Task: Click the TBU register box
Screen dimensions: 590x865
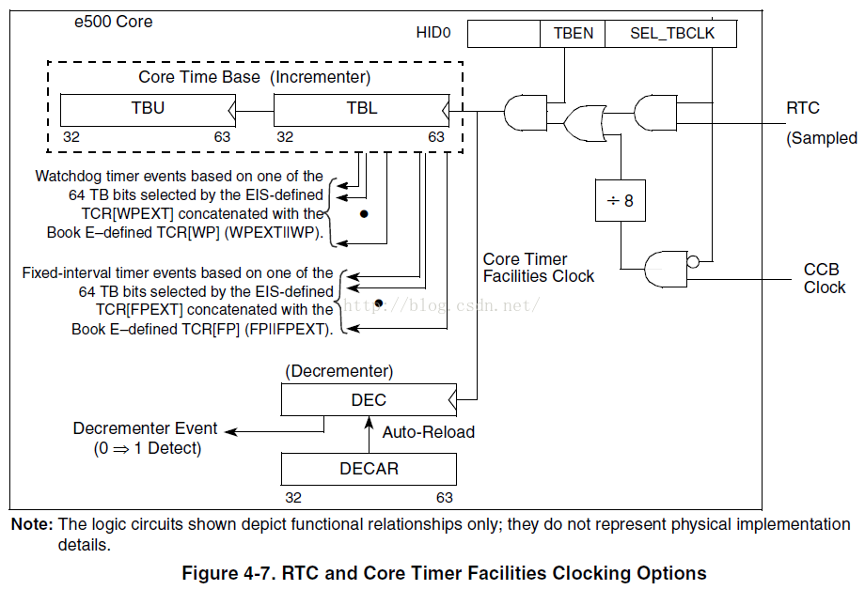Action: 148,109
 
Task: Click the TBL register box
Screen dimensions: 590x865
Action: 361,109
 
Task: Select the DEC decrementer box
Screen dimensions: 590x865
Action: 368,400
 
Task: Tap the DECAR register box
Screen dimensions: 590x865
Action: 369,468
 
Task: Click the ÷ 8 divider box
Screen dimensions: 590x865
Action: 621,200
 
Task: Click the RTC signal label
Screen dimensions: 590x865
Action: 802,109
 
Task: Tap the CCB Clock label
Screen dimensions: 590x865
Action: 824,279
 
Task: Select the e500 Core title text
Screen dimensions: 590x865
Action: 113,22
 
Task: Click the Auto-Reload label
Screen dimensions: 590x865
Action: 428,432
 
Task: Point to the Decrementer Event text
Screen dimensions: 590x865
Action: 145,428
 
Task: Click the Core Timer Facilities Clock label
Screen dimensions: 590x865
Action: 538,268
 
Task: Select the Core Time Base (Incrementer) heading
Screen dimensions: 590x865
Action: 255,77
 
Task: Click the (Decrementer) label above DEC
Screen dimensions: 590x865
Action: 338,372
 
